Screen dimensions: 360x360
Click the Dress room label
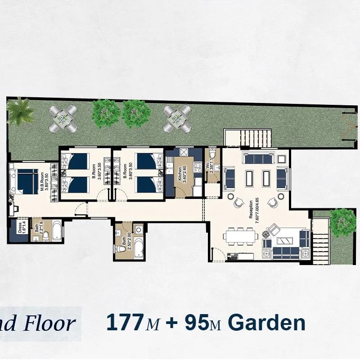coord(20,228)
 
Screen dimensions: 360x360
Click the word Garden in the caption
coord(266,323)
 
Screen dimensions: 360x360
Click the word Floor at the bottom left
coord(53,323)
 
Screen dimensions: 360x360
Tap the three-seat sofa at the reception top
coord(257,158)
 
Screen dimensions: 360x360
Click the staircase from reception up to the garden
coord(248,136)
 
